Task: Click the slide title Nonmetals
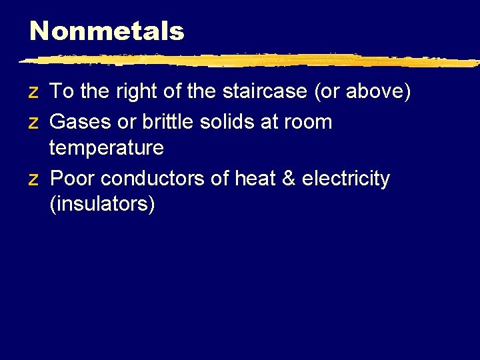107,31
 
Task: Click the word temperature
107,147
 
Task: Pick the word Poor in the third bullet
73,179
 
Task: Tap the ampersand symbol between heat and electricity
289,179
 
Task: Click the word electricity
346,179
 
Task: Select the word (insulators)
102,204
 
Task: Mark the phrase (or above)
362,91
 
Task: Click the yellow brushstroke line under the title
247,61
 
